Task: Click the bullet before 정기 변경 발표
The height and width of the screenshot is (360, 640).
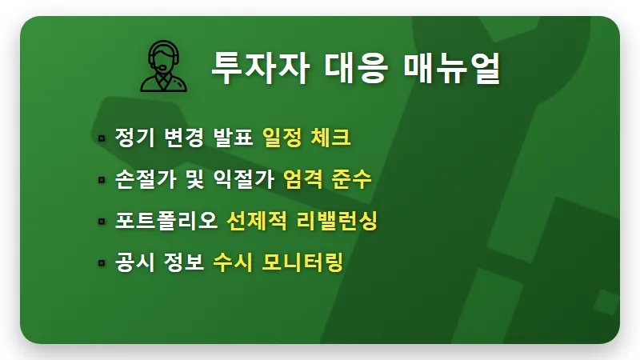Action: [102, 138]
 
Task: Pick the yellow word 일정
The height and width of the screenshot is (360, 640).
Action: [282, 138]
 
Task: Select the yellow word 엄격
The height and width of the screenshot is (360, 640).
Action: [303, 179]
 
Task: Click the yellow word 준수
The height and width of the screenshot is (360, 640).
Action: [352, 179]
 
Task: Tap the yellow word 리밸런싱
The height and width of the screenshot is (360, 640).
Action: [343, 221]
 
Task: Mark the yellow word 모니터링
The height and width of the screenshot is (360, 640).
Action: [303, 262]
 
